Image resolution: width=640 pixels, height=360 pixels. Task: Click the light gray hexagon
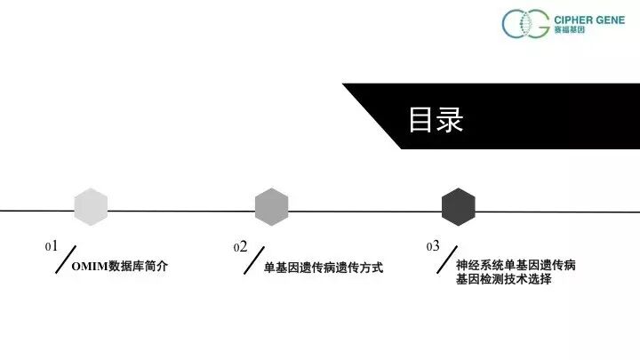click(x=91, y=207)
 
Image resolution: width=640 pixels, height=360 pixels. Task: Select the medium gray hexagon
click(x=271, y=207)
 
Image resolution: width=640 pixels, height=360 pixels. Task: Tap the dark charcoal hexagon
click(x=459, y=207)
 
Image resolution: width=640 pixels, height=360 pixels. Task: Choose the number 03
click(x=433, y=245)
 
